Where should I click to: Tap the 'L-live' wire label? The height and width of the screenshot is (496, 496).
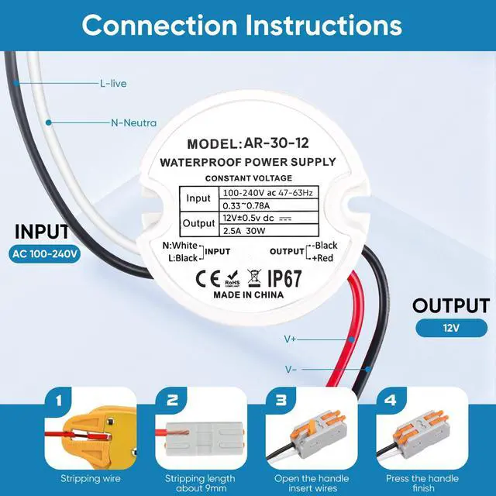(x=113, y=82)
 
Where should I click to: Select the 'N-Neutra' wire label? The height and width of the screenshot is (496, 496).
(x=134, y=122)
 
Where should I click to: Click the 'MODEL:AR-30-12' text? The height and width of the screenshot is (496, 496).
(x=248, y=144)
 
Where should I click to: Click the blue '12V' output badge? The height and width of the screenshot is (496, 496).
(x=451, y=328)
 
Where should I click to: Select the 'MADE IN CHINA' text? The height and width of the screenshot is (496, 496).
(x=248, y=295)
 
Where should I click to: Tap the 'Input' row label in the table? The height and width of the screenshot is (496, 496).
(x=198, y=198)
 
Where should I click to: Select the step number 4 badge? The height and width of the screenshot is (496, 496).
(x=389, y=401)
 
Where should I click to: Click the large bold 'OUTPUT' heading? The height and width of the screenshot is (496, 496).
(x=450, y=305)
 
